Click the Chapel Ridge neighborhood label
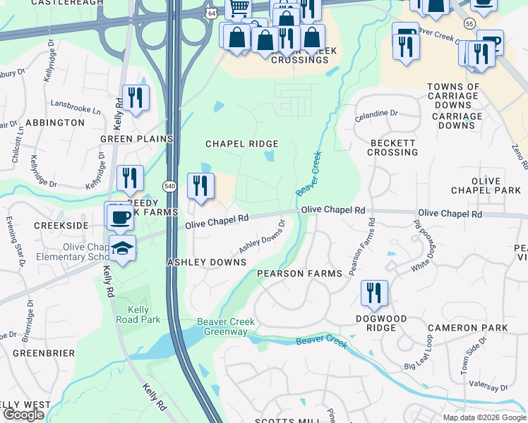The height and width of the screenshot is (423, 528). pyautogui.click(x=241, y=144)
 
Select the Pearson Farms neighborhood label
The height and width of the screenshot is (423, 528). pyautogui.click(x=299, y=274)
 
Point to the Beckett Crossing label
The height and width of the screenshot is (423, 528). pyautogui.click(x=393, y=147)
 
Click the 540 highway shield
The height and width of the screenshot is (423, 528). pyautogui.click(x=170, y=186)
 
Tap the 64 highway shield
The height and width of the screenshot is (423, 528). pyautogui.click(x=212, y=14)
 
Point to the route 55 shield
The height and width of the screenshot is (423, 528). pyautogui.click(x=469, y=24)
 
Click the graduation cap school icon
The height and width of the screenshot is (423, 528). pyautogui.click(x=122, y=248)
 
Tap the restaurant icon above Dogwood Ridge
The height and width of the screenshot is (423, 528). pyautogui.click(x=374, y=292)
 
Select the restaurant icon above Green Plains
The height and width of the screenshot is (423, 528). pyautogui.click(x=136, y=97)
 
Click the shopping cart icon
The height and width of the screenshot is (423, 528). pyautogui.click(x=239, y=8)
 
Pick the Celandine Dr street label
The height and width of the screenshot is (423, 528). pyautogui.click(x=376, y=114)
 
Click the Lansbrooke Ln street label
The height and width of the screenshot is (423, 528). pyautogui.click(x=76, y=110)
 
